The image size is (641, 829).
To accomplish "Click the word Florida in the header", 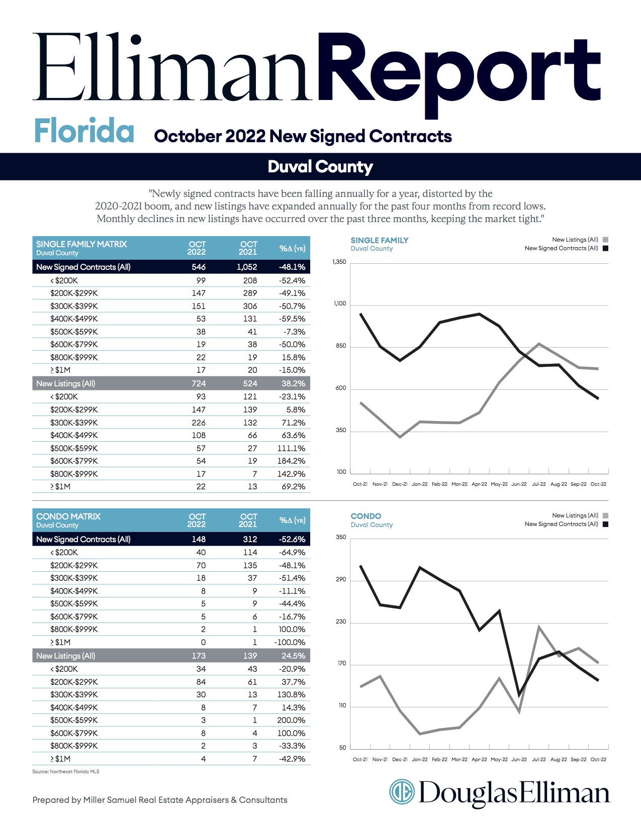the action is point(84,131).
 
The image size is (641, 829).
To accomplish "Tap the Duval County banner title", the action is point(320,167).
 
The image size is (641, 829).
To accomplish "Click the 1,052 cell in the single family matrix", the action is point(247,267).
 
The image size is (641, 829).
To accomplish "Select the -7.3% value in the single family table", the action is point(294,332).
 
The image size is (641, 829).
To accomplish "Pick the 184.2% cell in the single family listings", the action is point(291,461).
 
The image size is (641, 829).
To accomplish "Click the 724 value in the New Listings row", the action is point(199,383).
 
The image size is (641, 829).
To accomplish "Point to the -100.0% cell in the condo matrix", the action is point(290,642).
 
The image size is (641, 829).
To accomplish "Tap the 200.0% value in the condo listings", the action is point(291,720).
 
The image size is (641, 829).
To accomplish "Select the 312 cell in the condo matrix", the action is point(250,539).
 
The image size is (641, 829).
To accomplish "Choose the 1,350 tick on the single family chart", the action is point(339,262).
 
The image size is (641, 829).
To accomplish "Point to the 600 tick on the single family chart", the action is point(340,388).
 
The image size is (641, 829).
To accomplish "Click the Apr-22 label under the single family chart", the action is point(479,484).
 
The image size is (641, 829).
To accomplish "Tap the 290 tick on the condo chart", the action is point(341,579).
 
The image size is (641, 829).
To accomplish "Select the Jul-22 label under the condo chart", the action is point(538,759).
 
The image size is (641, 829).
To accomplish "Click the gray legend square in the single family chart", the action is point(605,240).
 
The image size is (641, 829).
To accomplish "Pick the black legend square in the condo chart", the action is point(605,524).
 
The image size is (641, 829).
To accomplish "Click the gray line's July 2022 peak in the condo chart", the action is point(538,627).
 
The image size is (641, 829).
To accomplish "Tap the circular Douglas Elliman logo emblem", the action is point(402,791).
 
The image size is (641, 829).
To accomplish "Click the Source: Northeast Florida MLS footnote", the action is point(66,771).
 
